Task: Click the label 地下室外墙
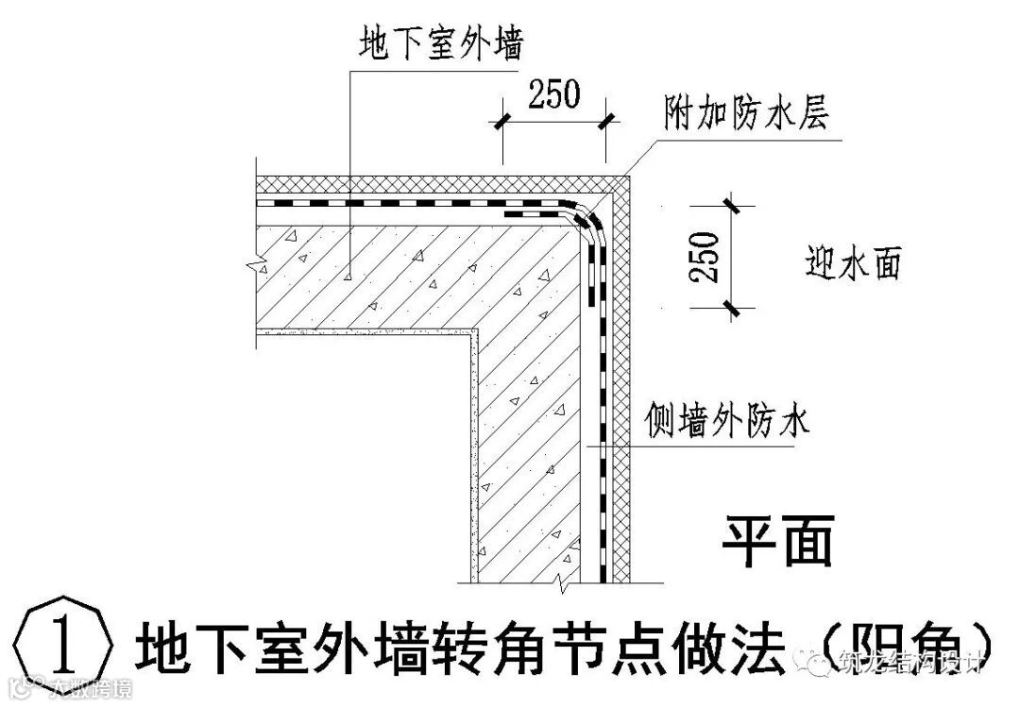[441, 45]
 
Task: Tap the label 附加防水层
[745, 116]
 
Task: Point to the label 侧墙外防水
[726, 420]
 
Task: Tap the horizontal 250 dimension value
[552, 94]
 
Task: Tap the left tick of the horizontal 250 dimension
[500, 120]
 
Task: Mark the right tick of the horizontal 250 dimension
[605, 120]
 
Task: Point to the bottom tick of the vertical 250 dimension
[730, 306]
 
